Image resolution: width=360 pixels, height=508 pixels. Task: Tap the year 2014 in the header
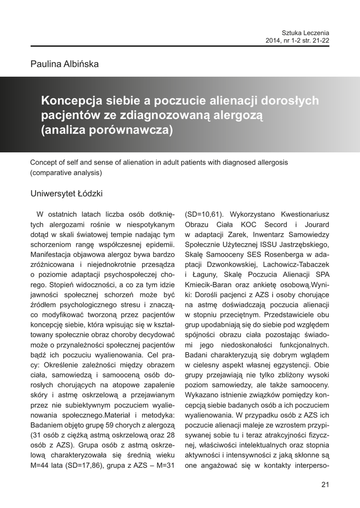pyautogui.click(x=275, y=40)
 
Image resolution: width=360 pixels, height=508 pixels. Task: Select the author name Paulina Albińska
pyautogui.click(x=65, y=64)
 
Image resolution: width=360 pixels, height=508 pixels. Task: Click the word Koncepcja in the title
pyautogui.click(x=72, y=101)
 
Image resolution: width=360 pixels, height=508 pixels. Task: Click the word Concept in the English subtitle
pyautogui.click(x=44, y=162)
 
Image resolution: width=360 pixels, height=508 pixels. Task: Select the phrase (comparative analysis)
pyautogui.click(x=66, y=173)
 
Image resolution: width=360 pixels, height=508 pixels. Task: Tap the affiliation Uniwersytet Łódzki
pyautogui.click(x=67, y=193)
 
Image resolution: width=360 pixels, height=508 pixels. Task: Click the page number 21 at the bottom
pyautogui.click(x=325, y=484)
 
